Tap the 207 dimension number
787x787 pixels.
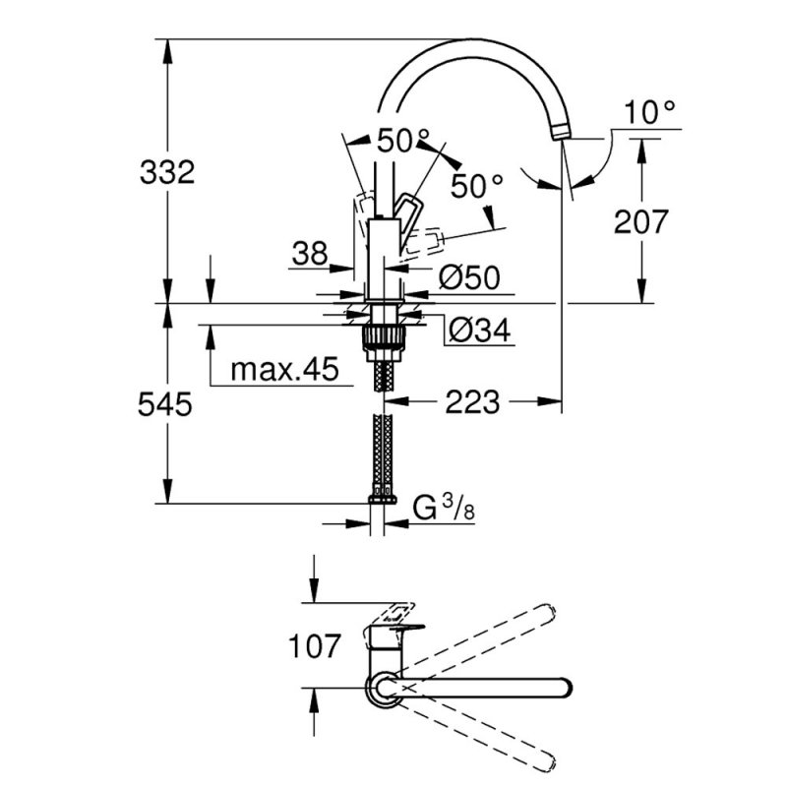(x=641, y=222)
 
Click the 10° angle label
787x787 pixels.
(x=650, y=113)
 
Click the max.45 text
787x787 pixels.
(x=284, y=370)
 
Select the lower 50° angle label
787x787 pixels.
(x=476, y=184)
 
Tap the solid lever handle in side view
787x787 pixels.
(x=407, y=211)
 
